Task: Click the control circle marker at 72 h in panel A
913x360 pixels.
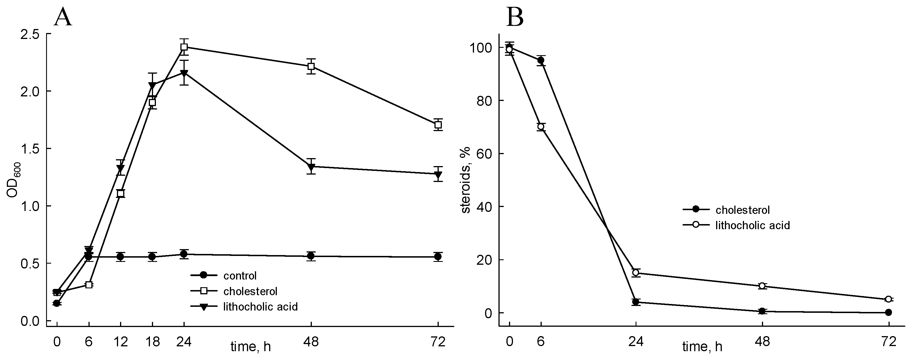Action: click(438, 256)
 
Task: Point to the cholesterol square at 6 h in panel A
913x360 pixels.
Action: click(89, 285)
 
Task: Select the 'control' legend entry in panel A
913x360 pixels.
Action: click(240, 275)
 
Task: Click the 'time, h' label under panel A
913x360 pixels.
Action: click(251, 346)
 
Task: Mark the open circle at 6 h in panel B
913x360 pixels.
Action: click(541, 127)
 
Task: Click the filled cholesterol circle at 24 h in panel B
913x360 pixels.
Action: click(636, 302)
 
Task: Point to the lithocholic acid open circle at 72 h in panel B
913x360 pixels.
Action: click(888, 299)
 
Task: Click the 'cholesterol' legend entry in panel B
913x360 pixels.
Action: click(743, 210)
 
